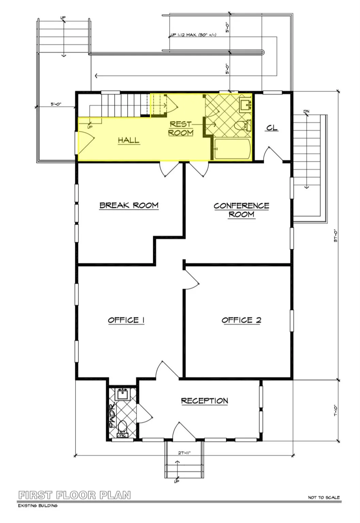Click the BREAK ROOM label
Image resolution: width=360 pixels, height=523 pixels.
[129, 205]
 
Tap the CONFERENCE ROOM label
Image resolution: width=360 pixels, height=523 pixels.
[241, 210]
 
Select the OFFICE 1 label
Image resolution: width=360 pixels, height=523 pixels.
[126, 320]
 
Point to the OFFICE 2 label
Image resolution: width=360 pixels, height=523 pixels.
[241, 320]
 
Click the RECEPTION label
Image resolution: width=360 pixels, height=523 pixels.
[204, 401]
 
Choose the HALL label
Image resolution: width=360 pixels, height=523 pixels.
[129, 140]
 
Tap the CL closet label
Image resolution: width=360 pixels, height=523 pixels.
[272, 128]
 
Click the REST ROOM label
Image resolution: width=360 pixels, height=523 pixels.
[181, 128]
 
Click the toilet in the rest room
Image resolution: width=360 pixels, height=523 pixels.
[242, 125]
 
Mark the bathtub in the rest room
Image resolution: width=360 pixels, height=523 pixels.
[233, 149]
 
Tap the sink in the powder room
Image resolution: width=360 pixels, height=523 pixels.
[122, 395]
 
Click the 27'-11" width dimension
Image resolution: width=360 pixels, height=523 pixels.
[184, 453]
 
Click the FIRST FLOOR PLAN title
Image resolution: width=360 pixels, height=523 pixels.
[75, 495]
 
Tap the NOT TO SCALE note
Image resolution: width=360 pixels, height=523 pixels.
[324, 497]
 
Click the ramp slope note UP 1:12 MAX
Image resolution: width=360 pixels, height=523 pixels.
[193, 35]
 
